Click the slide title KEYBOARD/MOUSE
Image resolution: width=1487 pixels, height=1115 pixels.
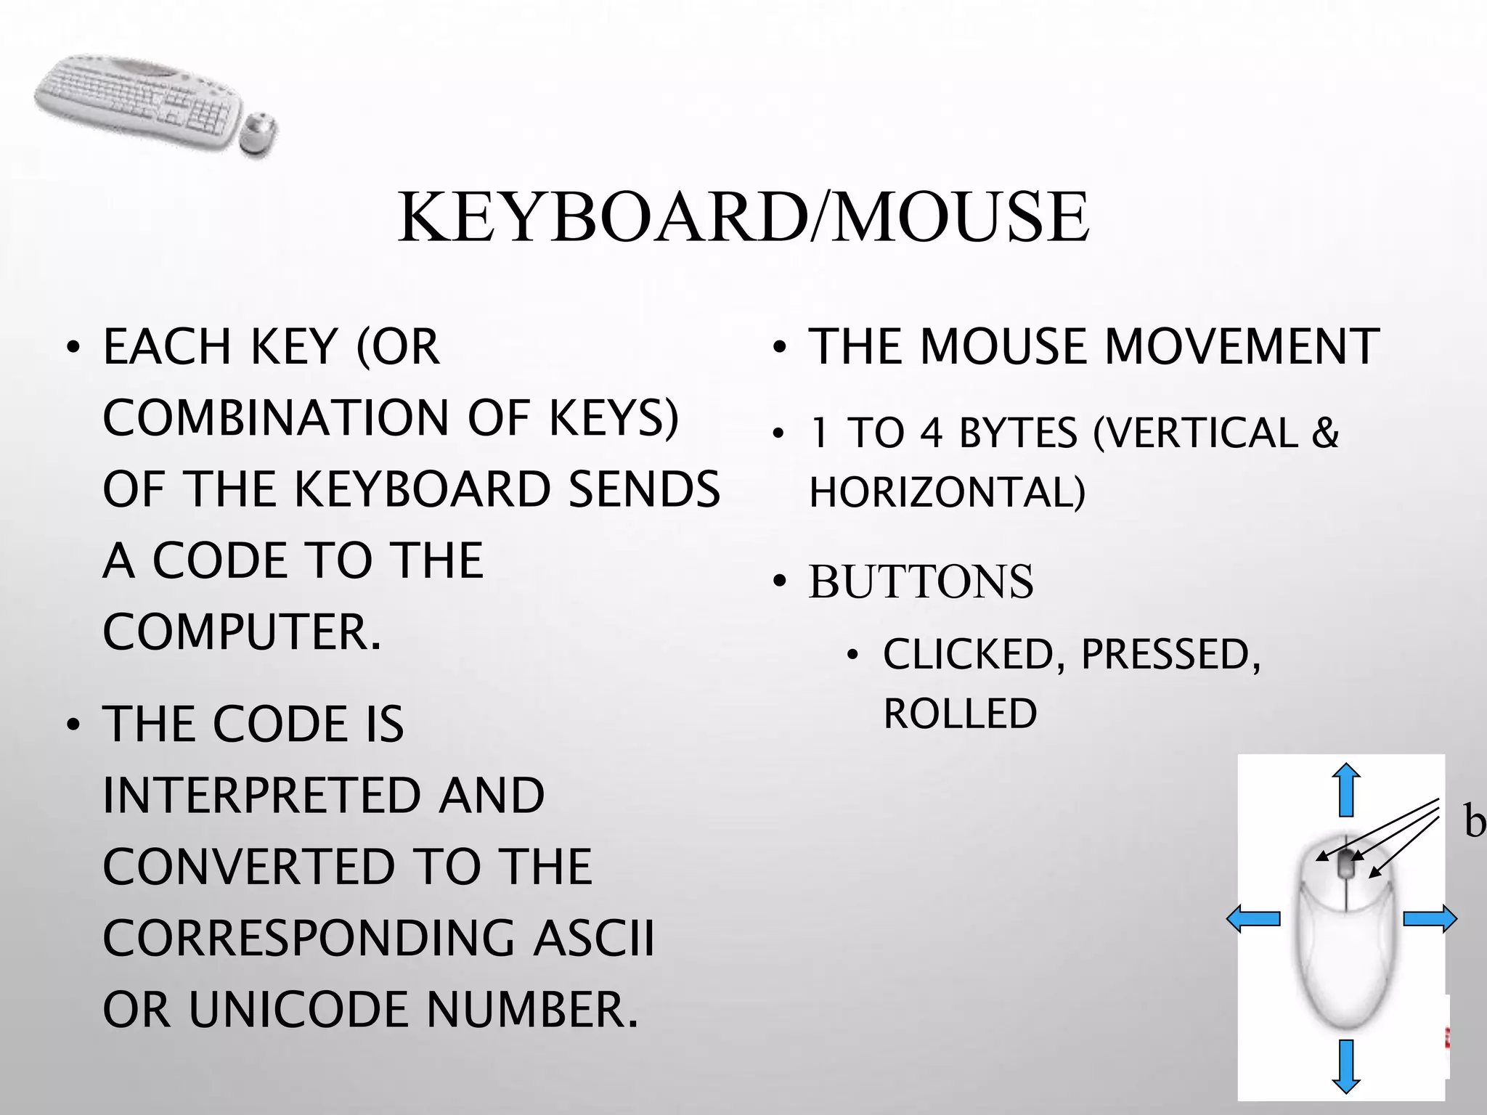pos(743,217)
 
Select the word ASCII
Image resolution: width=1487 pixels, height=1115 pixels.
pos(593,938)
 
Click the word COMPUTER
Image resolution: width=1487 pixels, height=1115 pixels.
pos(241,632)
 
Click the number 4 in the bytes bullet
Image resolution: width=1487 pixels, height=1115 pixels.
pos(931,433)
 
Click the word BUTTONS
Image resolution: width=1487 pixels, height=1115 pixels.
pos(921,581)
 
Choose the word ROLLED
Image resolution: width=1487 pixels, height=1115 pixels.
pos(960,714)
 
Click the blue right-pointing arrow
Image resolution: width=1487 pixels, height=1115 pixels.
pos(1430,919)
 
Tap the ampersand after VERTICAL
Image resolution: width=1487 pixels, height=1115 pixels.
pos(1325,433)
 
